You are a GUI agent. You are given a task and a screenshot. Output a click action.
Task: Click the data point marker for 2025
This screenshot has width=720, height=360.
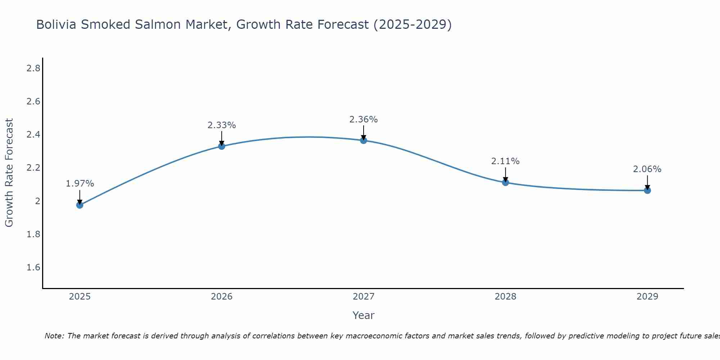click(x=80, y=205)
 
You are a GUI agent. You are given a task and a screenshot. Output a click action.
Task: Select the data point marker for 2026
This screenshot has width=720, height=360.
click(x=222, y=146)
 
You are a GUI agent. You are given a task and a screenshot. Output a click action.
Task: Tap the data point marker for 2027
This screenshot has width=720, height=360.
click(x=364, y=140)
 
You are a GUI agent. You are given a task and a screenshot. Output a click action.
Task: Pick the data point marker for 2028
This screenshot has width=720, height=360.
click(x=505, y=183)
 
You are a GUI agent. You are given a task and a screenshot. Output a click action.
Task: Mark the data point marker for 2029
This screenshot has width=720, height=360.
click(x=647, y=190)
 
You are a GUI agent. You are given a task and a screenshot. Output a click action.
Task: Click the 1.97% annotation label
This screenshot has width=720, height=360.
click(x=80, y=184)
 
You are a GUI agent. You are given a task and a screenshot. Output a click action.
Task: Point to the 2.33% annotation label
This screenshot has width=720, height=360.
click(x=222, y=125)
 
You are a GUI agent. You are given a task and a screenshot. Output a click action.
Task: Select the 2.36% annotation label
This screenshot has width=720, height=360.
click(x=364, y=120)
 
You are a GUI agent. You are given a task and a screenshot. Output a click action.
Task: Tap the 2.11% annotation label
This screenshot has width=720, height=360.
click(x=505, y=161)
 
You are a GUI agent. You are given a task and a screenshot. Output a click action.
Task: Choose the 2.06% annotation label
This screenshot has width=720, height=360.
click(x=647, y=169)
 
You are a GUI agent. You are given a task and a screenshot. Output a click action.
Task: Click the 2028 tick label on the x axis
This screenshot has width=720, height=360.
click(x=505, y=297)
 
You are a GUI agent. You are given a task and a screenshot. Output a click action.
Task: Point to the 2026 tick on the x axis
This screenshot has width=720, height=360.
click(x=222, y=297)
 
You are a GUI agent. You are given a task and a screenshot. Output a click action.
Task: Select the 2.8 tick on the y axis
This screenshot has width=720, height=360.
click(x=33, y=68)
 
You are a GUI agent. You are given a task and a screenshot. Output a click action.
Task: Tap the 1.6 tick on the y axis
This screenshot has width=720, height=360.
click(x=33, y=267)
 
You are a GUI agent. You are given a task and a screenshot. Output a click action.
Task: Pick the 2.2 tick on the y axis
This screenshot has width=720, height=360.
click(x=33, y=168)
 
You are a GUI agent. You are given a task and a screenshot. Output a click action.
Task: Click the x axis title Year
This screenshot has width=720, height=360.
click(x=364, y=315)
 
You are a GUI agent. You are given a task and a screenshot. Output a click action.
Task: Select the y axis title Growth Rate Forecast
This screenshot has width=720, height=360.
click(x=9, y=173)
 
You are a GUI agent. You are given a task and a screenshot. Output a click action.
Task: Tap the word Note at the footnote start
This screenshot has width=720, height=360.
click(x=54, y=336)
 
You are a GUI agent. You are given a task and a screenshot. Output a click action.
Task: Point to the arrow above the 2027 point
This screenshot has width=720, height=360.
click(x=364, y=132)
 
